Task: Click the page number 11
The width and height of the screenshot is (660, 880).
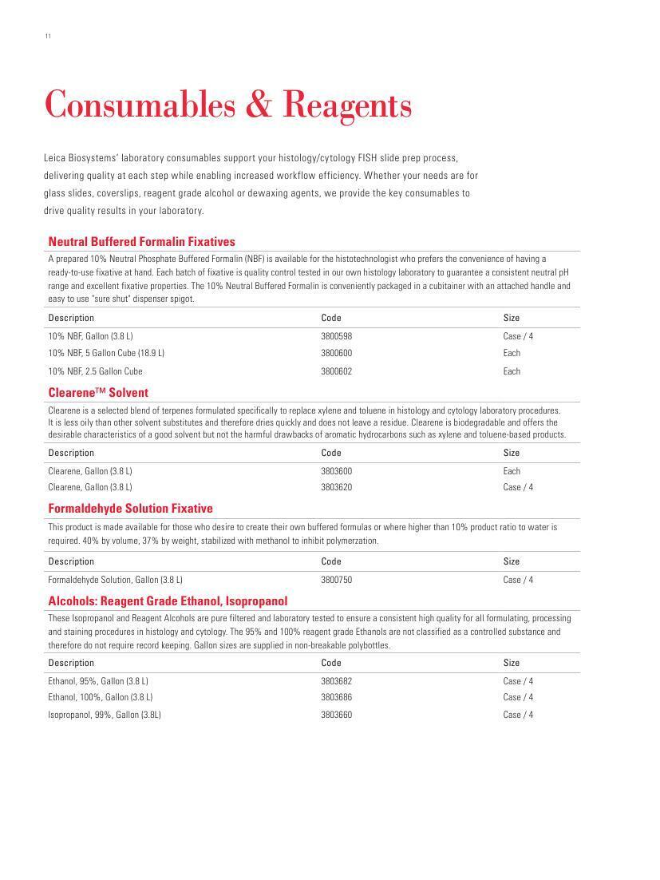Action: pyautogui.click(x=48, y=36)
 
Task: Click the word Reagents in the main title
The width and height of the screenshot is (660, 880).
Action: pyautogui.click(x=347, y=105)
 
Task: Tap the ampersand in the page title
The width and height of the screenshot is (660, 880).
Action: pyautogui.click(x=257, y=105)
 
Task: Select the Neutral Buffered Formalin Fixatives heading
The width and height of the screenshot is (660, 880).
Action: pyautogui.click(x=141, y=241)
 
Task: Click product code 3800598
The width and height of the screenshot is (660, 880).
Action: pyautogui.click(x=336, y=336)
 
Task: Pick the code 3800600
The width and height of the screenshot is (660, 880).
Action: pyautogui.click(x=336, y=353)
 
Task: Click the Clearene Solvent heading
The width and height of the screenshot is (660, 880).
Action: pyautogui.click(x=98, y=393)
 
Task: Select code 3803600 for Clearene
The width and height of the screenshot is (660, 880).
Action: pyautogui.click(x=336, y=471)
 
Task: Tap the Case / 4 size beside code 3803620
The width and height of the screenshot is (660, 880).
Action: pyautogui.click(x=518, y=487)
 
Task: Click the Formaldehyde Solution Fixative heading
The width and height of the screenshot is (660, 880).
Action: pyautogui.click(x=130, y=509)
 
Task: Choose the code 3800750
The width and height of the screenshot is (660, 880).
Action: pyautogui.click(x=336, y=580)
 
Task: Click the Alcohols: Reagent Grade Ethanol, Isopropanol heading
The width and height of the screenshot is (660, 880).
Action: pyautogui.click(x=168, y=601)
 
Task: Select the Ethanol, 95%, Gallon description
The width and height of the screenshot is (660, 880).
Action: pyautogui.click(x=98, y=681)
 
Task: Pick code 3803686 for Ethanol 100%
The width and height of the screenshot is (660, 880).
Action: pyautogui.click(x=336, y=697)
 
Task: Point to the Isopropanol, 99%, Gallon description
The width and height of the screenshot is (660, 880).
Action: pyautogui.click(x=105, y=715)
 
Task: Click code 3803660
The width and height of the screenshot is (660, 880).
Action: pyautogui.click(x=336, y=715)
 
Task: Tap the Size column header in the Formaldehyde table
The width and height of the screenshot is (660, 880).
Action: pyautogui.click(x=512, y=561)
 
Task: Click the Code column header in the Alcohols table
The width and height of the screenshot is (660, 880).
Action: pyautogui.click(x=331, y=663)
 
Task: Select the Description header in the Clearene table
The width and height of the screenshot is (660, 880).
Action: pyautogui.click(x=71, y=453)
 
